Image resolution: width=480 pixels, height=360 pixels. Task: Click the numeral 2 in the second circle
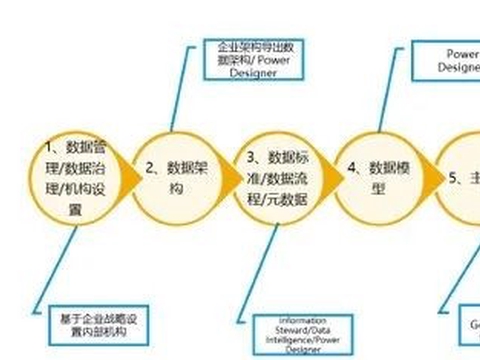click(149, 168)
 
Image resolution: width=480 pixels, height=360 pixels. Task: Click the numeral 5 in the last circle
click(453, 179)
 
